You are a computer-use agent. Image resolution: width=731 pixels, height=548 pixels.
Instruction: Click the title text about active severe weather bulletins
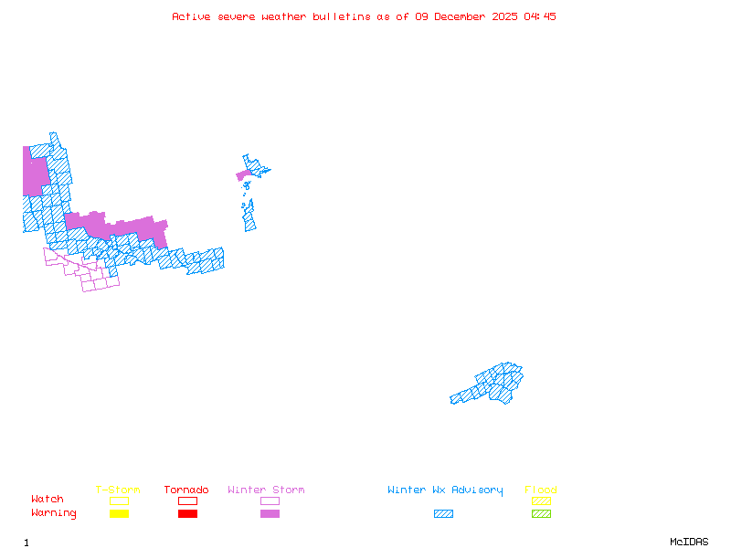tap(364, 16)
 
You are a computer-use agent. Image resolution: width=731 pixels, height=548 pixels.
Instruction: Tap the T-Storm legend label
tap(118, 490)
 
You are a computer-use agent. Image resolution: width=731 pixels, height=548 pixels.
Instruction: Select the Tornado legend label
tap(186, 490)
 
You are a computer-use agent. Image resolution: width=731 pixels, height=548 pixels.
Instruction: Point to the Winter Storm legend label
tap(266, 490)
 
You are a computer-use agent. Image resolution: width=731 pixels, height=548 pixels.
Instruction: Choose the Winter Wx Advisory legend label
tap(445, 490)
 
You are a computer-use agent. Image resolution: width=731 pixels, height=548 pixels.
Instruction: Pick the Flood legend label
tap(541, 490)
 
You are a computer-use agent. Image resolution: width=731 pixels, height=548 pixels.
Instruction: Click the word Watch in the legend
tap(48, 500)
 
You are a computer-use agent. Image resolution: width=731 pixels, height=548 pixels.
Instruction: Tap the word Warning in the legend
tap(54, 513)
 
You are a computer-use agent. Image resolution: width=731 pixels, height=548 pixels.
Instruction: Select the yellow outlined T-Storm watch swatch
tap(119, 501)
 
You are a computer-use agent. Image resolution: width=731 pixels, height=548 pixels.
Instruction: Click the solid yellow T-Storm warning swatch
tap(119, 513)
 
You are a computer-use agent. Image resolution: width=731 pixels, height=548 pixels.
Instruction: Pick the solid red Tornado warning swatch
tap(187, 513)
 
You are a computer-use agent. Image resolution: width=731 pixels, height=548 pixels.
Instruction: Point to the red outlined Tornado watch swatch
tap(187, 501)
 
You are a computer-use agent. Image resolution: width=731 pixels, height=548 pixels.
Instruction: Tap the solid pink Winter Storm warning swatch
tap(270, 513)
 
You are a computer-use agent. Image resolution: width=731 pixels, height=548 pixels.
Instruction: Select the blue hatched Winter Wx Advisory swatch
tap(443, 513)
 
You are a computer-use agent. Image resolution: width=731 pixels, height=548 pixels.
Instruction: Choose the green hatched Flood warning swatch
tap(541, 513)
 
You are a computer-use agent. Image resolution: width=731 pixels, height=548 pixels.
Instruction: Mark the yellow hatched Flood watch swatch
tap(541, 501)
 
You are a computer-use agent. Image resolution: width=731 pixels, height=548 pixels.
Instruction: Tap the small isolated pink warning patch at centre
tap(243, 174)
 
